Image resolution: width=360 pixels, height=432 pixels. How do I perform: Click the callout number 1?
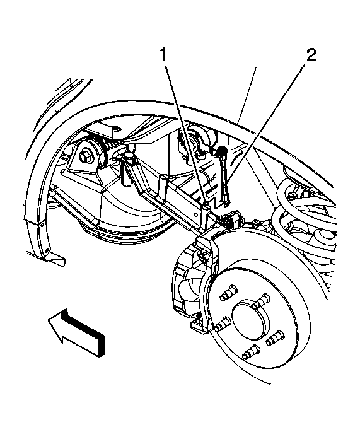[163, 55]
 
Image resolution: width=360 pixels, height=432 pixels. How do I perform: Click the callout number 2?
[311, 55]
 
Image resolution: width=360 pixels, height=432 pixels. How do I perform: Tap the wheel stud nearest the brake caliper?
[222, 324]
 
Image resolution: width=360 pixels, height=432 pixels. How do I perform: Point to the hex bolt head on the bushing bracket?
[84, 157]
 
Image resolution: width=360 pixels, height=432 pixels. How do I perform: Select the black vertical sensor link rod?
[224, 177]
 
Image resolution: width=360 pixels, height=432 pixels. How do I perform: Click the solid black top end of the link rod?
[222, 151]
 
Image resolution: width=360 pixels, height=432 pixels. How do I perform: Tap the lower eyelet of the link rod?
[227, 204]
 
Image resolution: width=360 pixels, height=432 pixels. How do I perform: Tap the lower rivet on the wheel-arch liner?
[47, 250]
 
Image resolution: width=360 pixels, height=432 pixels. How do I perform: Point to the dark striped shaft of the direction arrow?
[83, 330]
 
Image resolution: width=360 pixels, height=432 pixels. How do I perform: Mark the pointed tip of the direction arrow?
[49, 320]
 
